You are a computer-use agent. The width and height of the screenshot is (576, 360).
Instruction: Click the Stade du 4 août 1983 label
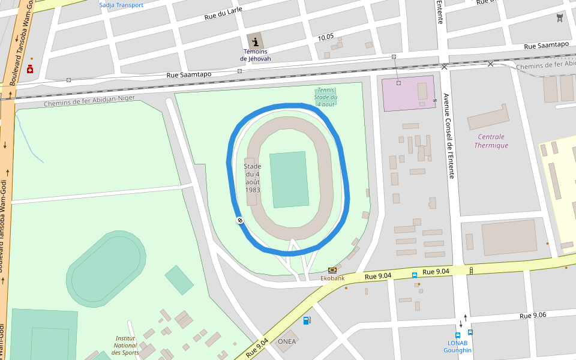coord(253,178)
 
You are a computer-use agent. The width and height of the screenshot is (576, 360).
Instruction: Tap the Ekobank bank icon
coord(332,270)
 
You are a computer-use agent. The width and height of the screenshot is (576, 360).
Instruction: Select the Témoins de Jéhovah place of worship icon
coord(256,42)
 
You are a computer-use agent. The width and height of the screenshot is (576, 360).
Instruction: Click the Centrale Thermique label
coord(491,141)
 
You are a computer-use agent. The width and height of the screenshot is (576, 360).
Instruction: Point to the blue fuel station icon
coord(307,320)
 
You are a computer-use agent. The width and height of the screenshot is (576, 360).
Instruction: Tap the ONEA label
coord(287,341)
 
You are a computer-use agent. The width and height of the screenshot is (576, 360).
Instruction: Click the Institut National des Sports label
coord(125,345)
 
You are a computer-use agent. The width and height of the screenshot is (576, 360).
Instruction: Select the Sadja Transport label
coord(121,5)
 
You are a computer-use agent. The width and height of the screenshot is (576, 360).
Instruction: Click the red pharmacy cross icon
coord(30,70)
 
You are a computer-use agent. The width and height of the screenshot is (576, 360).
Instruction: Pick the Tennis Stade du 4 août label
coord(326,97)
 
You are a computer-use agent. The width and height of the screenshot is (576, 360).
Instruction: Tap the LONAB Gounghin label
coord(458,346)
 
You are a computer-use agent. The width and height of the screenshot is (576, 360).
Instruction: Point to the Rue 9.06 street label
coord(533,315)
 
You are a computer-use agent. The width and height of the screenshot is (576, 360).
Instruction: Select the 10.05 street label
coord(326,37)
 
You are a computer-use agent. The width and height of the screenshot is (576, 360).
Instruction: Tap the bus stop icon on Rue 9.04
coord(415,275)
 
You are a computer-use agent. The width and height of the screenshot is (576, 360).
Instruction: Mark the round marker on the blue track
coord(239,221)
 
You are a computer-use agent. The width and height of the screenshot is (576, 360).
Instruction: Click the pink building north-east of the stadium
coord(408,93)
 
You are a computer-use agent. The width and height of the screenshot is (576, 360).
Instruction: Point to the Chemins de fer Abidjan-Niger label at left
coord(89,101)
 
